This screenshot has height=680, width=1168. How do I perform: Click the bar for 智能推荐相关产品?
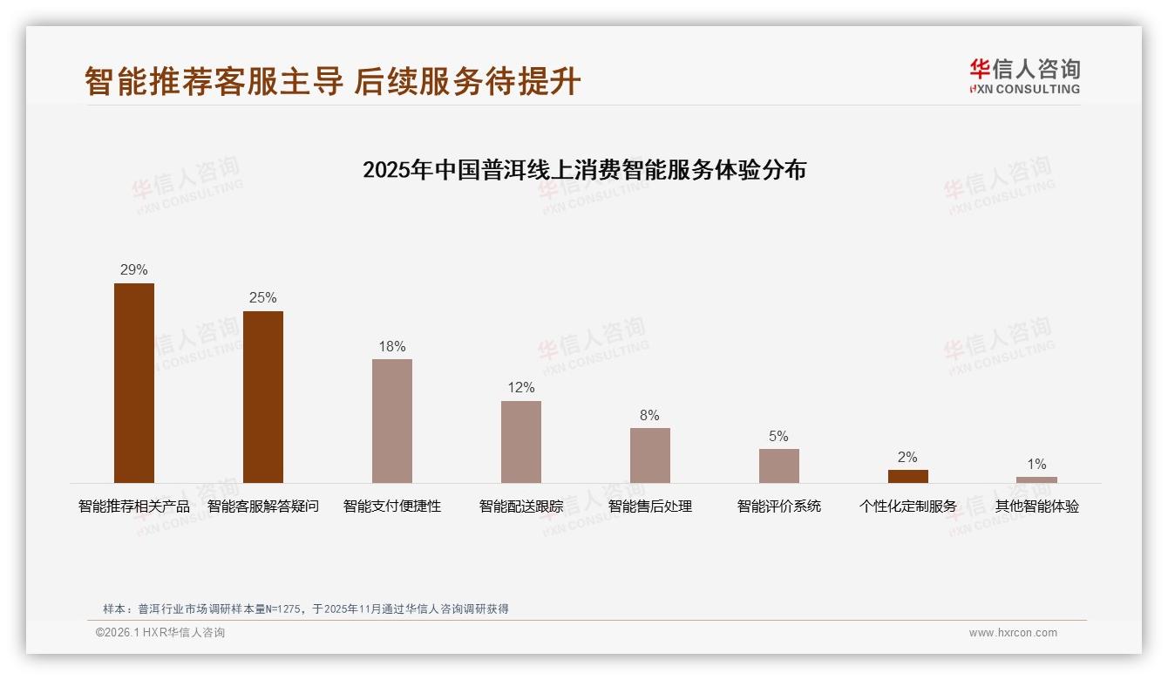134,383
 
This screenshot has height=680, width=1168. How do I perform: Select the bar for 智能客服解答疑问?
263,397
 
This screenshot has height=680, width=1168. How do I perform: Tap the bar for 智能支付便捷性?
392,421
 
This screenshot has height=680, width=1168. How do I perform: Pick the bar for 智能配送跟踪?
521,442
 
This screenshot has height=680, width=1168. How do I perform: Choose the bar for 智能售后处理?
650,455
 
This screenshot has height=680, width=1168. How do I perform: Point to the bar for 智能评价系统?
779,466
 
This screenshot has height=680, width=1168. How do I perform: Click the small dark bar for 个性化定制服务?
908,476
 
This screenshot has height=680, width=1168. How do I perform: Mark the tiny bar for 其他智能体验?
1036,479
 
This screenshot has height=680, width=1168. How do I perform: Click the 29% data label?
134,270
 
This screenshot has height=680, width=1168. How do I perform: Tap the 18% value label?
392,346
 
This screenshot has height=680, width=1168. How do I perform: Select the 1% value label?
1036,465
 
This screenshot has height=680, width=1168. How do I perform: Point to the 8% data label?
649,415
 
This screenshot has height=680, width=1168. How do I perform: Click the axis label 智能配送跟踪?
521,507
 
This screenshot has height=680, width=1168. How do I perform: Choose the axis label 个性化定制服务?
908,507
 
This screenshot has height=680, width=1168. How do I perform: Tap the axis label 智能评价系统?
779,507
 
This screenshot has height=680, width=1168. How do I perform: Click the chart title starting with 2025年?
584,169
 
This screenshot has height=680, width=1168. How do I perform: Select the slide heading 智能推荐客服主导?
214,82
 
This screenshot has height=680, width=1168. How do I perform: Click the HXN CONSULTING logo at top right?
1024,77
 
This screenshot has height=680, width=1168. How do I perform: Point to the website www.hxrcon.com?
1013,633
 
